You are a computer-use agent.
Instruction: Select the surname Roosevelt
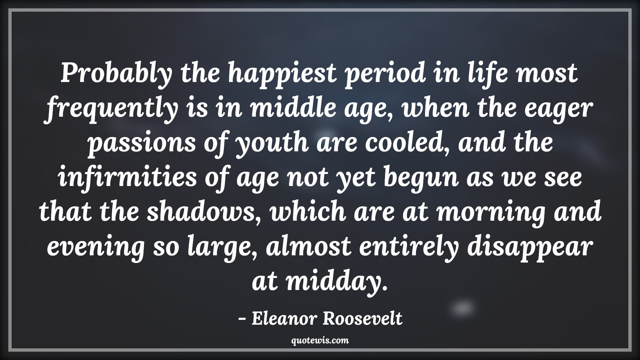point(363,319)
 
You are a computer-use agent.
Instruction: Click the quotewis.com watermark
point(320,341)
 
